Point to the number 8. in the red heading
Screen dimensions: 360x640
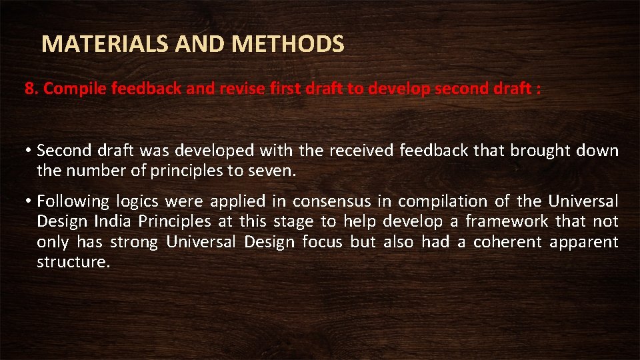(32, 89)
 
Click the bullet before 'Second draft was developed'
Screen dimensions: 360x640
(30, 151)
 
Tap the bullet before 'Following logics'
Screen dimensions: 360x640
(30, 201)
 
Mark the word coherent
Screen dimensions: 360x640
(507, 241)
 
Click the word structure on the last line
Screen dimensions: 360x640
(72, 262)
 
